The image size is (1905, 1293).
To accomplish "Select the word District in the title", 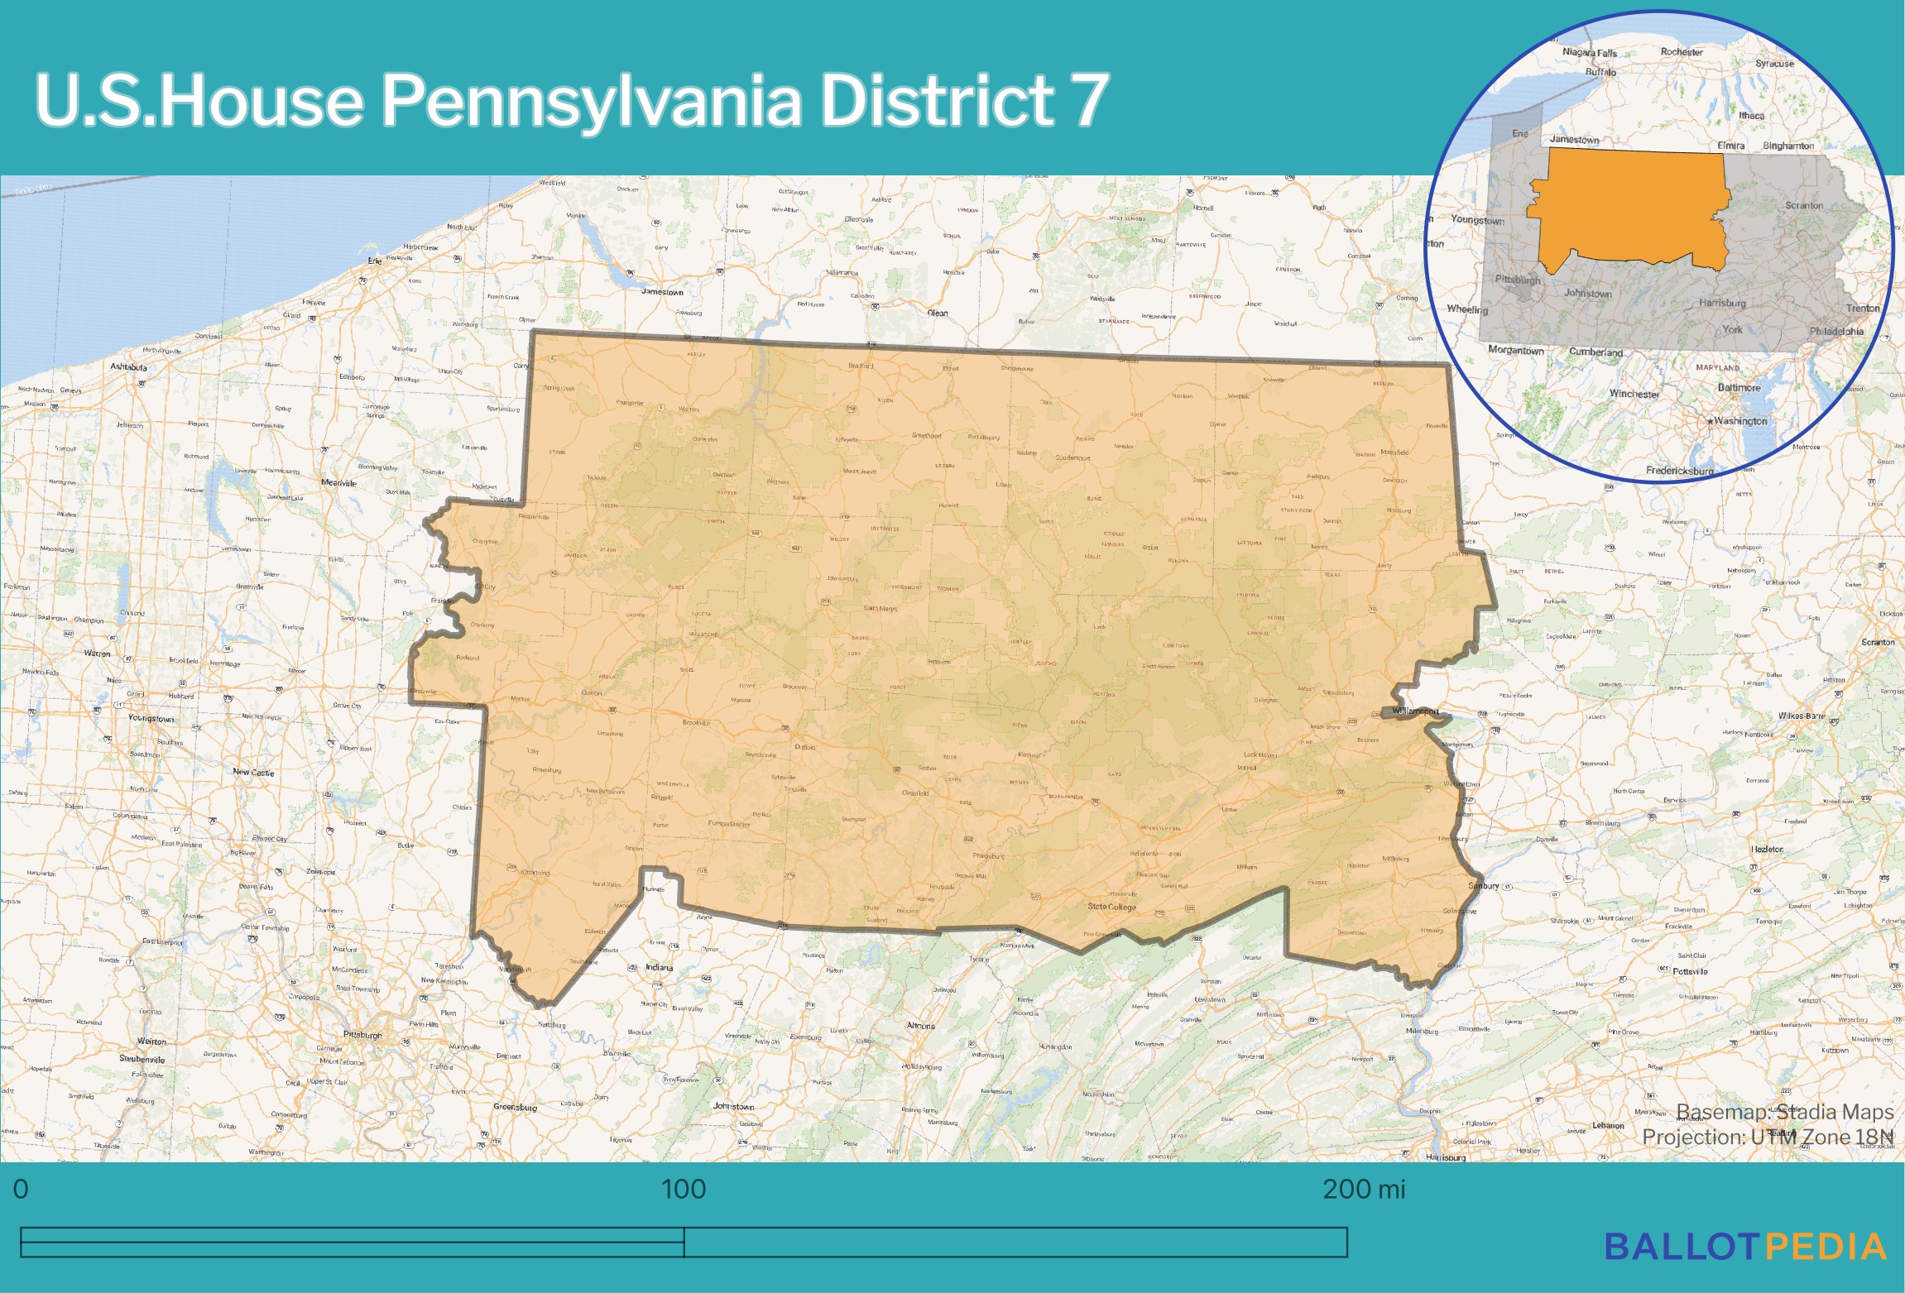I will [x=935, y=101].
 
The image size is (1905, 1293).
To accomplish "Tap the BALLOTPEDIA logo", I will [x=1744, y=1247].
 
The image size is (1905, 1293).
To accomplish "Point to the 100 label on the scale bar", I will [x=684, y=1189].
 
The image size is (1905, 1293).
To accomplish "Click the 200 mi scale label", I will [x=1363, y=1189].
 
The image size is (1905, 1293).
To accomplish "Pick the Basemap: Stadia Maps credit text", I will [x=1784, y=1112].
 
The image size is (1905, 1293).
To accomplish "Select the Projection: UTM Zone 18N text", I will [x=1768, y=1137].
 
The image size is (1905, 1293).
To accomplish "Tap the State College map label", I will [x=1111, y=907].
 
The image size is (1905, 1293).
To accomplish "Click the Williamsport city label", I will [x=1415, y=711].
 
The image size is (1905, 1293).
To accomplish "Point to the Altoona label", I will [x=921, y=1026].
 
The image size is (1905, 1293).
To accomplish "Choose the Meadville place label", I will [x=338, y=483].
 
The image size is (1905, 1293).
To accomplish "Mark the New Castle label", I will [x=253, y=772].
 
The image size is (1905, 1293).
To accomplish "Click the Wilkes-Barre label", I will [x=1802, y=716].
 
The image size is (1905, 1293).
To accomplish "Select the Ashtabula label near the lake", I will [x=128, y=366].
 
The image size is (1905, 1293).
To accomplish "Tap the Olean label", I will [x=937, y=313].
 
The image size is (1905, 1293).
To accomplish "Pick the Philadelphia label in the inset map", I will [x=1836, y=331].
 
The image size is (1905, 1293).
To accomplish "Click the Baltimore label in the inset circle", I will [x=1739, y=387].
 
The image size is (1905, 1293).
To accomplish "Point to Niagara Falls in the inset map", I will [x=1589, y=53].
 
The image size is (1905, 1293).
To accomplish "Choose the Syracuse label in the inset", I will [x=1774, y=64].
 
